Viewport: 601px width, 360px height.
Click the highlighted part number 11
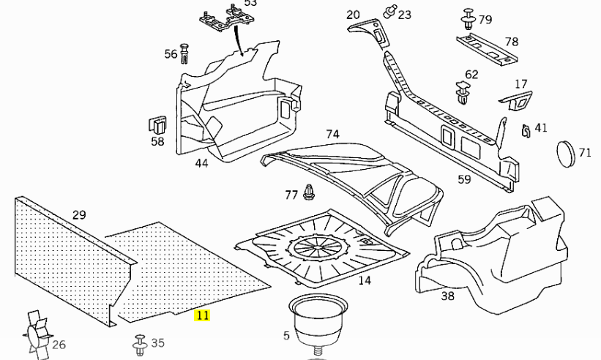(x=202, y=315)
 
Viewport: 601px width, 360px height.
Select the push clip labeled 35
(x=138, y=342)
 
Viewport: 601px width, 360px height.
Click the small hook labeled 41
(x=525, y=130)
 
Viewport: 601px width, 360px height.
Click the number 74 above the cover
(x=332, y=134)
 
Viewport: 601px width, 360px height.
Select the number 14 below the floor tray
(x=364, y=280)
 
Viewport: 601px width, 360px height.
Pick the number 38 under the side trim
(x=447, y=296)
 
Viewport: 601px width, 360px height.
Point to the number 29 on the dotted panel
(x=79, y=214)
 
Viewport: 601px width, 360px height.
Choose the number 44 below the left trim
(x=201, y=163)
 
